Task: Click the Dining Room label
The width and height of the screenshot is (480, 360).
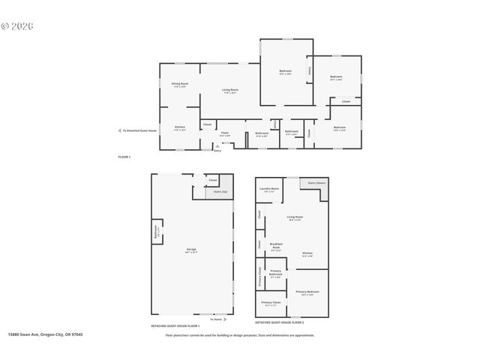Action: pos(179,84)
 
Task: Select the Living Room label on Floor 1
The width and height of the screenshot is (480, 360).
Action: pos(230,91)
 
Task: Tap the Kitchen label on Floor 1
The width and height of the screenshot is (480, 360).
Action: pos(180,127)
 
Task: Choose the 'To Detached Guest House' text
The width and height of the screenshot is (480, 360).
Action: pos(139,130)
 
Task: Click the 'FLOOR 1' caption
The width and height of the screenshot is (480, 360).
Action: pos(124,156)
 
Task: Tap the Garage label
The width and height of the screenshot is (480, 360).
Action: pos(192,249)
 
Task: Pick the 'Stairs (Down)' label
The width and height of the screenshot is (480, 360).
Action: pos(316,182)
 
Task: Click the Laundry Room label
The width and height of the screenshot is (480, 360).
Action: pos(271,189)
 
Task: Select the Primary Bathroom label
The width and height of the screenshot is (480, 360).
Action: pos(276,274)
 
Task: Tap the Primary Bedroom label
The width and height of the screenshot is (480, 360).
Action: pos(307,292)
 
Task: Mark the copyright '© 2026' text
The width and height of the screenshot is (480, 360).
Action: pos(18,25)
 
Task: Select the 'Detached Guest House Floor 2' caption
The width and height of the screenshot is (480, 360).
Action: pos(280,322)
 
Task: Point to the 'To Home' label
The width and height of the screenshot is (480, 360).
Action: pos(216,319)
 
